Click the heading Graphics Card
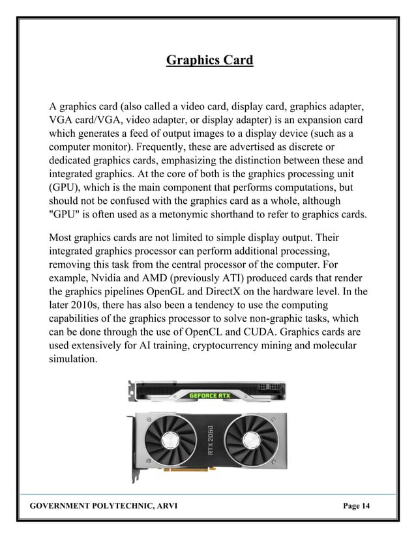pos(209,61)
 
